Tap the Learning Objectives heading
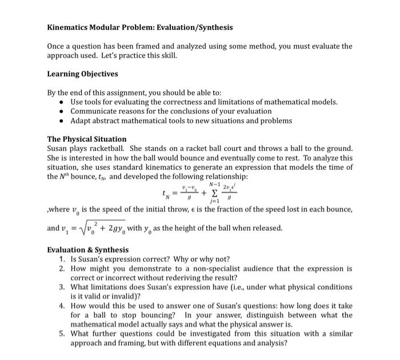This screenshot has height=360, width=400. click(82, 74)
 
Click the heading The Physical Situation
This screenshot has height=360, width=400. click(86, 139)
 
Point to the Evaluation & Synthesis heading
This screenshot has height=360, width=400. click(87, 250)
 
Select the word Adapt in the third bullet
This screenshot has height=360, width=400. click(81, 121)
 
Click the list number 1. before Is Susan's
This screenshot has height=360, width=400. click(63, 259)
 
